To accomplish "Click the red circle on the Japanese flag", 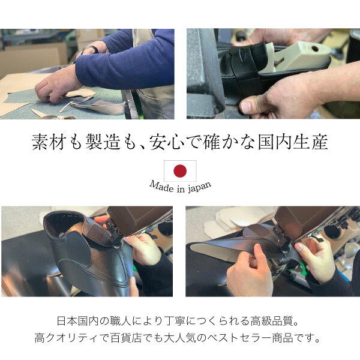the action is click(180, 171).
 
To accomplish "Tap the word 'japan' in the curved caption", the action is click(199, 187).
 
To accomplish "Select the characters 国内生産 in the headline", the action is click(293, 142).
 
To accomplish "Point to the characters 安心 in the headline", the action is click(167, 142).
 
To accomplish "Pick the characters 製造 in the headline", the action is click(103, 142).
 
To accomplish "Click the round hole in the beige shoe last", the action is click(315, 49).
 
